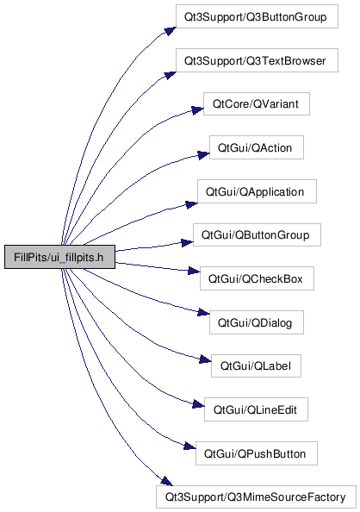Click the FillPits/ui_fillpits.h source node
tap(59, 257)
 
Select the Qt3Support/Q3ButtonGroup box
tap(257, 16)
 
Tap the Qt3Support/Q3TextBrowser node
tap(257, 60)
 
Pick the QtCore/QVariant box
tap(257, 103)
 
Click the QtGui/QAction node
tap(257, 147)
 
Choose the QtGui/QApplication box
tap(257, 191)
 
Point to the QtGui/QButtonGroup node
tap(257, 234)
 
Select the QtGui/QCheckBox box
tap(257, 278)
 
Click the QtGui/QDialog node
tap(257, 322)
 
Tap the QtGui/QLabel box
tap(256, 365)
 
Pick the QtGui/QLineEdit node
tap(256, 409)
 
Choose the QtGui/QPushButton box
tap(257, 453)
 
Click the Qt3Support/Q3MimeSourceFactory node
tap(256, 496)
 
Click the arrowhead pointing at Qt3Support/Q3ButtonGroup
tap(171, 31)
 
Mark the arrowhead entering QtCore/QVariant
tap(197, 110)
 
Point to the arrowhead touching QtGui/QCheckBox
tap(194, 271)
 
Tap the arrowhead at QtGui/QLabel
tap(205, 359)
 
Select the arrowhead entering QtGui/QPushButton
tap(190, 446)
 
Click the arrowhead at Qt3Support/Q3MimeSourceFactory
tap(167, 481)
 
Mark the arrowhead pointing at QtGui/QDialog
tap(203, 313)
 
